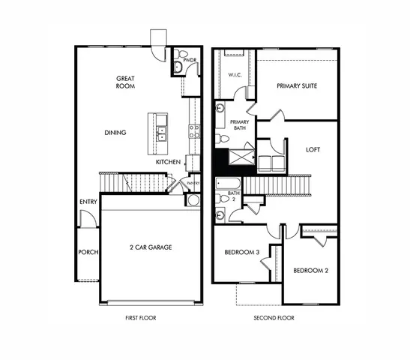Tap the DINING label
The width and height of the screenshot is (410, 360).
pyautogui.click(x=115, y=133)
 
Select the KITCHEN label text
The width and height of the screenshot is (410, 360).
pyautogui.click(x=168, y=162)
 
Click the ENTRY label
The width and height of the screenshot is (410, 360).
pyautogui.click(x=87, y=202)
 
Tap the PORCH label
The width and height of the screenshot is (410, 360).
pyautogui.click(x=88, y=252)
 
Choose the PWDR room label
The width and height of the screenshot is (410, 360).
pyautogui.click(x=190, y=59)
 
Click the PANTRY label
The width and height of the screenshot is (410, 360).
pyautogui.click(x=193, y=182)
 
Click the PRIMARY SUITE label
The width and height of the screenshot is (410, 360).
pyautogui.click(x=297, y=85)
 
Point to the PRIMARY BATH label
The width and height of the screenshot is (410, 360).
pyautogui.click(x=239, y=125)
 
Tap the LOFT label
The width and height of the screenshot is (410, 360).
pyautogui.click(x=313, y=149)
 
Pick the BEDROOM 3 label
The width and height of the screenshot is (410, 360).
pyautogui.click(x=242, y=253)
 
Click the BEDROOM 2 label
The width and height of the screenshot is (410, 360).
pyautogui.click(x=311, y=270)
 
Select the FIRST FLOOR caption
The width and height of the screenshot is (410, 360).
pyautogui.click(x=142, y=318)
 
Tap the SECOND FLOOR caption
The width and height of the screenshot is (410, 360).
pyautogui.click(x=274, y=318)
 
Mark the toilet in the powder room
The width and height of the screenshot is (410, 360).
pyautogui.click(x=178, y=67)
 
